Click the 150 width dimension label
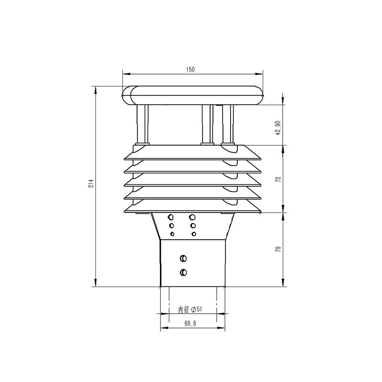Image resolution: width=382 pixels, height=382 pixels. click(x=191, y=70)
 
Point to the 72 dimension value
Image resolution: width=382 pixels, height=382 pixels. click(x=278, y=180)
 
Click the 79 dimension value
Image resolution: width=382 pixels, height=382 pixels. click(x=278, y=249)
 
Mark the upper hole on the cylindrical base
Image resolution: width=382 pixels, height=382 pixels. click(x=183, y=259)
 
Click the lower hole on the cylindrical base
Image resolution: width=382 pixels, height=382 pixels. click(x=183, y=272)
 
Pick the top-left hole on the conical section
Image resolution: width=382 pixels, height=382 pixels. click(x=171, y=217)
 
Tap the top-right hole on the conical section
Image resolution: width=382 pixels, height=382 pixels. click(x=193, y=217)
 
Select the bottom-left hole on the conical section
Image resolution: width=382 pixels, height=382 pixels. click(x=172, y=233)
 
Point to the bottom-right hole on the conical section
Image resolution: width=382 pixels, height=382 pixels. click(x=193, y=233)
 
